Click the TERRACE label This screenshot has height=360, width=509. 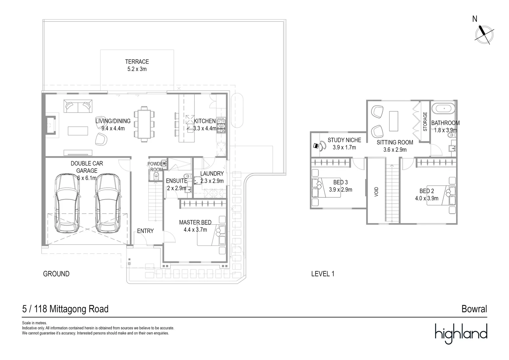tap(137, 62)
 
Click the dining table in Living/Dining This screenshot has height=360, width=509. tap(144, 124)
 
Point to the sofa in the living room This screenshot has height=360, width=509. tap(77, 107)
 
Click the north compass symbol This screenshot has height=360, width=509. tap(484, 34)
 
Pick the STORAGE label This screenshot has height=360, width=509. tap(425, 121)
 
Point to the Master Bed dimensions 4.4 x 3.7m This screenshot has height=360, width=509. tap(195, 230)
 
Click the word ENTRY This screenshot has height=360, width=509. tap(145, 231)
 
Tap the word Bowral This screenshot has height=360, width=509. tap(474, 309)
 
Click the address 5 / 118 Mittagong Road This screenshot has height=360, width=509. tap(65, 309)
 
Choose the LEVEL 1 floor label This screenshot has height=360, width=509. tap(322, 274)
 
